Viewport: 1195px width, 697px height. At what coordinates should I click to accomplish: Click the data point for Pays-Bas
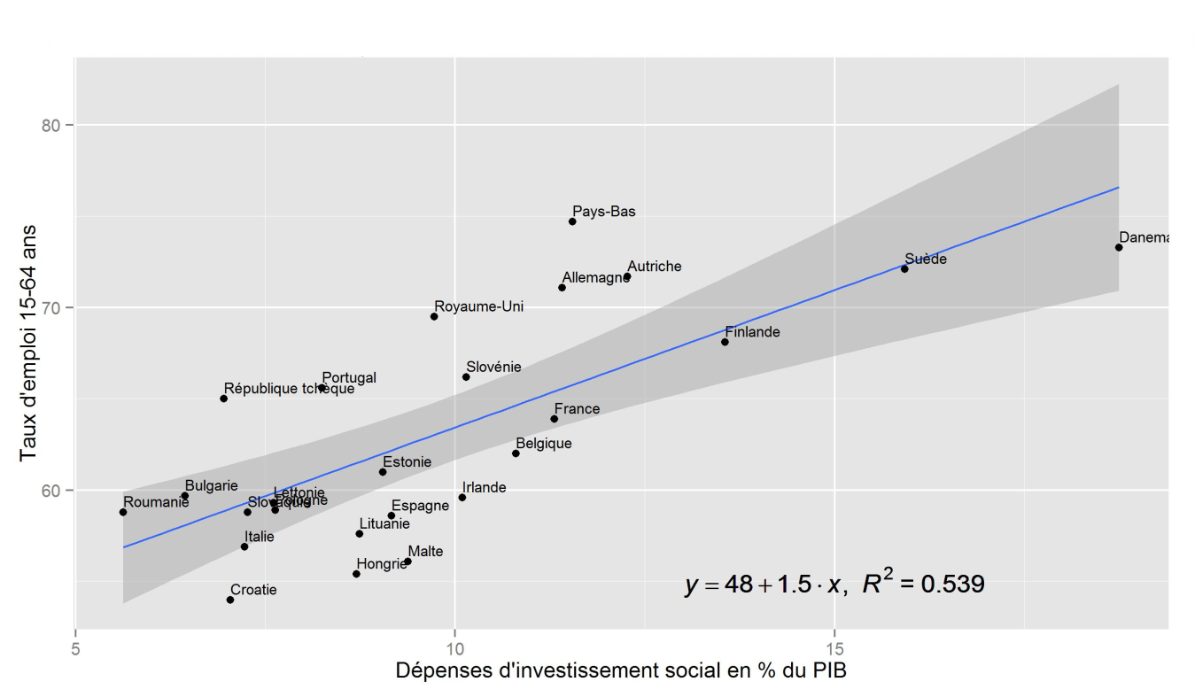pos(572,221)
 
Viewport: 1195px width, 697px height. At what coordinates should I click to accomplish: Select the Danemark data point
pos(1119,247)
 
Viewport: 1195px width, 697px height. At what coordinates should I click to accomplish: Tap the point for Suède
pos(904,268)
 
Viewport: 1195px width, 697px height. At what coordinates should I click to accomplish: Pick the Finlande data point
pos(725,342)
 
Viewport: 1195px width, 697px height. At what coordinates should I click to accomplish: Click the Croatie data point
pos(230,600)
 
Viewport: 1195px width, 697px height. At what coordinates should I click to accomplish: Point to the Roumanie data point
pos(123,512)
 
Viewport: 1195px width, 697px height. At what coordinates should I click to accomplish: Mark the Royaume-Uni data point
pos(434,316)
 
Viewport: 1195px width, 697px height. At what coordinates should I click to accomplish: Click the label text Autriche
pos(654,267)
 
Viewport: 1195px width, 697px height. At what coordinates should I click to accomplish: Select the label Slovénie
pos(493,367)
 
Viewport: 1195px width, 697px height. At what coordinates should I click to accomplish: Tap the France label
pos(577,409)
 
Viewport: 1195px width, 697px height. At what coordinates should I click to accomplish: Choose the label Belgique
pos(543,444)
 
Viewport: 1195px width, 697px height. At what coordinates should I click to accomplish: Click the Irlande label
pos(484,487)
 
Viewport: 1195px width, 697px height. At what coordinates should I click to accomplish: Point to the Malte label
pos(425,552)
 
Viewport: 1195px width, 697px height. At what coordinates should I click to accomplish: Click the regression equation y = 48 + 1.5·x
pos(762,585)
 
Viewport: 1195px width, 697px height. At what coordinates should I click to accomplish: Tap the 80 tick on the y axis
pos(56,125)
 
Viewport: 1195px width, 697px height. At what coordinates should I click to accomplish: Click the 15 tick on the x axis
pos(834,640)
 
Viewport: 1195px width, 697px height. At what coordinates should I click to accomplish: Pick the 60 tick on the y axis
pos(56,491)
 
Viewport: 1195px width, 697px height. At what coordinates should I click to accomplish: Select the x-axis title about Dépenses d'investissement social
pos(621,670)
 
